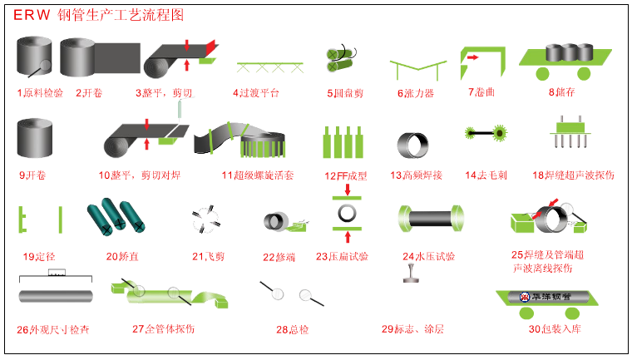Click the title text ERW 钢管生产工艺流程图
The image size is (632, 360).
pos(97,16)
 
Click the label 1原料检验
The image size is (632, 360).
pos(41,92)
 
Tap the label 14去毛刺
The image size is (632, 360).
pos(486,175)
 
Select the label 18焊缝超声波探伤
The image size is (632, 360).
pos(573,175)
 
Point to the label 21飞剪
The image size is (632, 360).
pos(208,257)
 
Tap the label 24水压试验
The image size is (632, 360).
pos(428,257)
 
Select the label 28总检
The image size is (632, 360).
pos(293,329)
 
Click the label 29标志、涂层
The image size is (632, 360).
pos(412,329)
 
